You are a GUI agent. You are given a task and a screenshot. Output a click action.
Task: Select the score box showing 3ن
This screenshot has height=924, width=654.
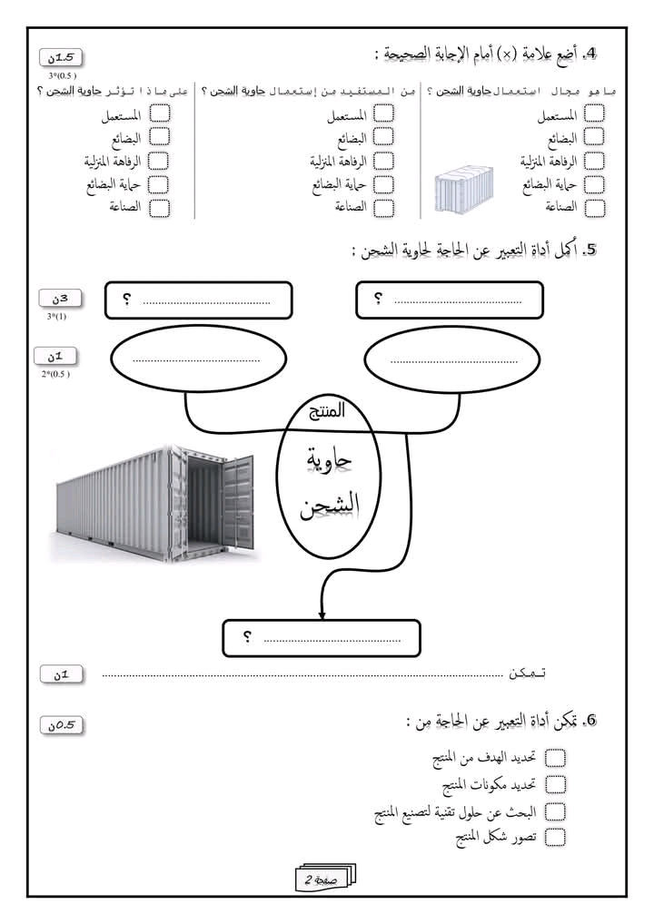(60, 299)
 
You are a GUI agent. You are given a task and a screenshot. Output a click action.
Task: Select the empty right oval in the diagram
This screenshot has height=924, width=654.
(452, 361)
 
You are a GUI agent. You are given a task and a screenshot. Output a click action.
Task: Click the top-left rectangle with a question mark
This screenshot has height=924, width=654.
(199, 300)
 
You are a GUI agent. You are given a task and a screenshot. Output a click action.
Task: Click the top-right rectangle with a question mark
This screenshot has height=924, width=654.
(450, 300)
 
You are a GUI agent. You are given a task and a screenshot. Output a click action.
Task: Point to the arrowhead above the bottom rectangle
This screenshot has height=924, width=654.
(322, 613)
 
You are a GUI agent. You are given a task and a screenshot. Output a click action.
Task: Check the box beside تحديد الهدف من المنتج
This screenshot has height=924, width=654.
(554, 758)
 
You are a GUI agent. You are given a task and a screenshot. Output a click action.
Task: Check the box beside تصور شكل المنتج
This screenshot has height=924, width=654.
(554, 837)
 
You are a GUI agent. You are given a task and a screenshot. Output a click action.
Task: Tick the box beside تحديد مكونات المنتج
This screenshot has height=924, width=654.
(554, 784)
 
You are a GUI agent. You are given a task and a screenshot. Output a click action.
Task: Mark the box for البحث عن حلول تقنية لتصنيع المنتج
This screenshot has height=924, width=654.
(554, 811)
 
